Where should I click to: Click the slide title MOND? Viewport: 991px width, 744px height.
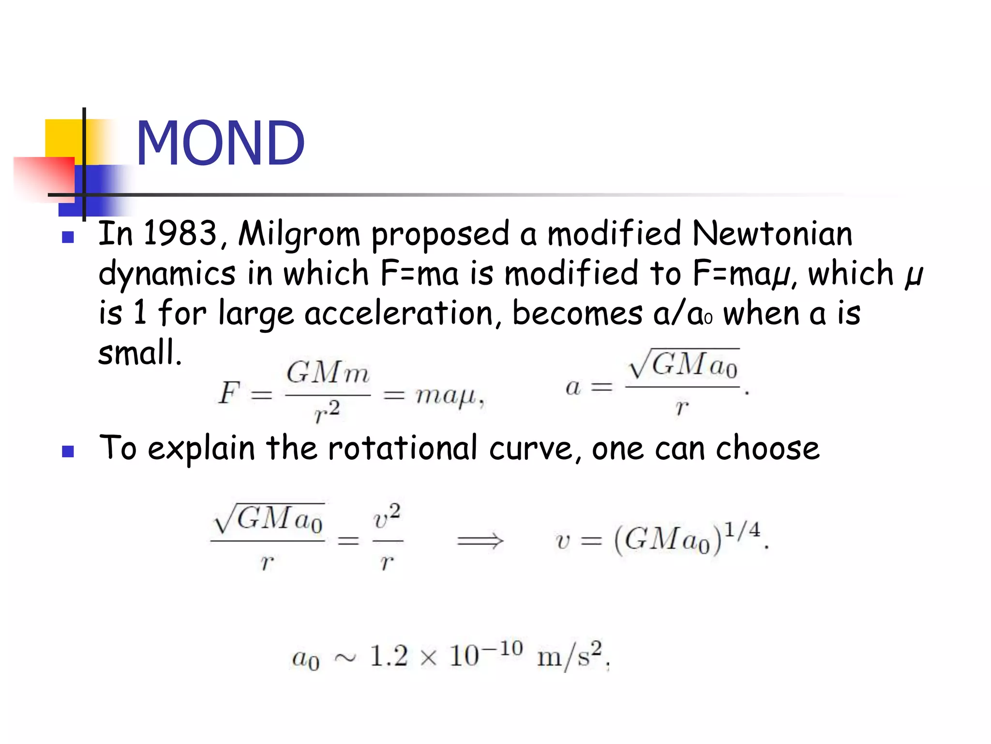click(x=220, y=143)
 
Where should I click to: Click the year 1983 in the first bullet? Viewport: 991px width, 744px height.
click(x=180, y=233)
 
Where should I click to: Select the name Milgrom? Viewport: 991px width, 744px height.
click(x=299, y=234)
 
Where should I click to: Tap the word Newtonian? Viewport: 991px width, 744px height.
click(x=772, y=233)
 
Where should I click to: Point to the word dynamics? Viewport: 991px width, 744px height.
click(x=167, y=274)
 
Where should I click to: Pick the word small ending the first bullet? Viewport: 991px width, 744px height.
click(x=139, y=352)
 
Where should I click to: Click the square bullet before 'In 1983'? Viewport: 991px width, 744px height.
click(x=68, y=237)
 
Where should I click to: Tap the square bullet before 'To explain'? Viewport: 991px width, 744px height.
click(x=68, y=451)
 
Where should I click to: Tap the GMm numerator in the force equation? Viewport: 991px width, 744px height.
click(x=328, y=373)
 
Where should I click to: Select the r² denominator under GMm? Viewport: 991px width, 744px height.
click(x=327, y=412)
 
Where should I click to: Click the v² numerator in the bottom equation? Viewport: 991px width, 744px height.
click(x=387, y=517)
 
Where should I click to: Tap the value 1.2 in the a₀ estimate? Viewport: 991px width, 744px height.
click(x=388, y=656)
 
